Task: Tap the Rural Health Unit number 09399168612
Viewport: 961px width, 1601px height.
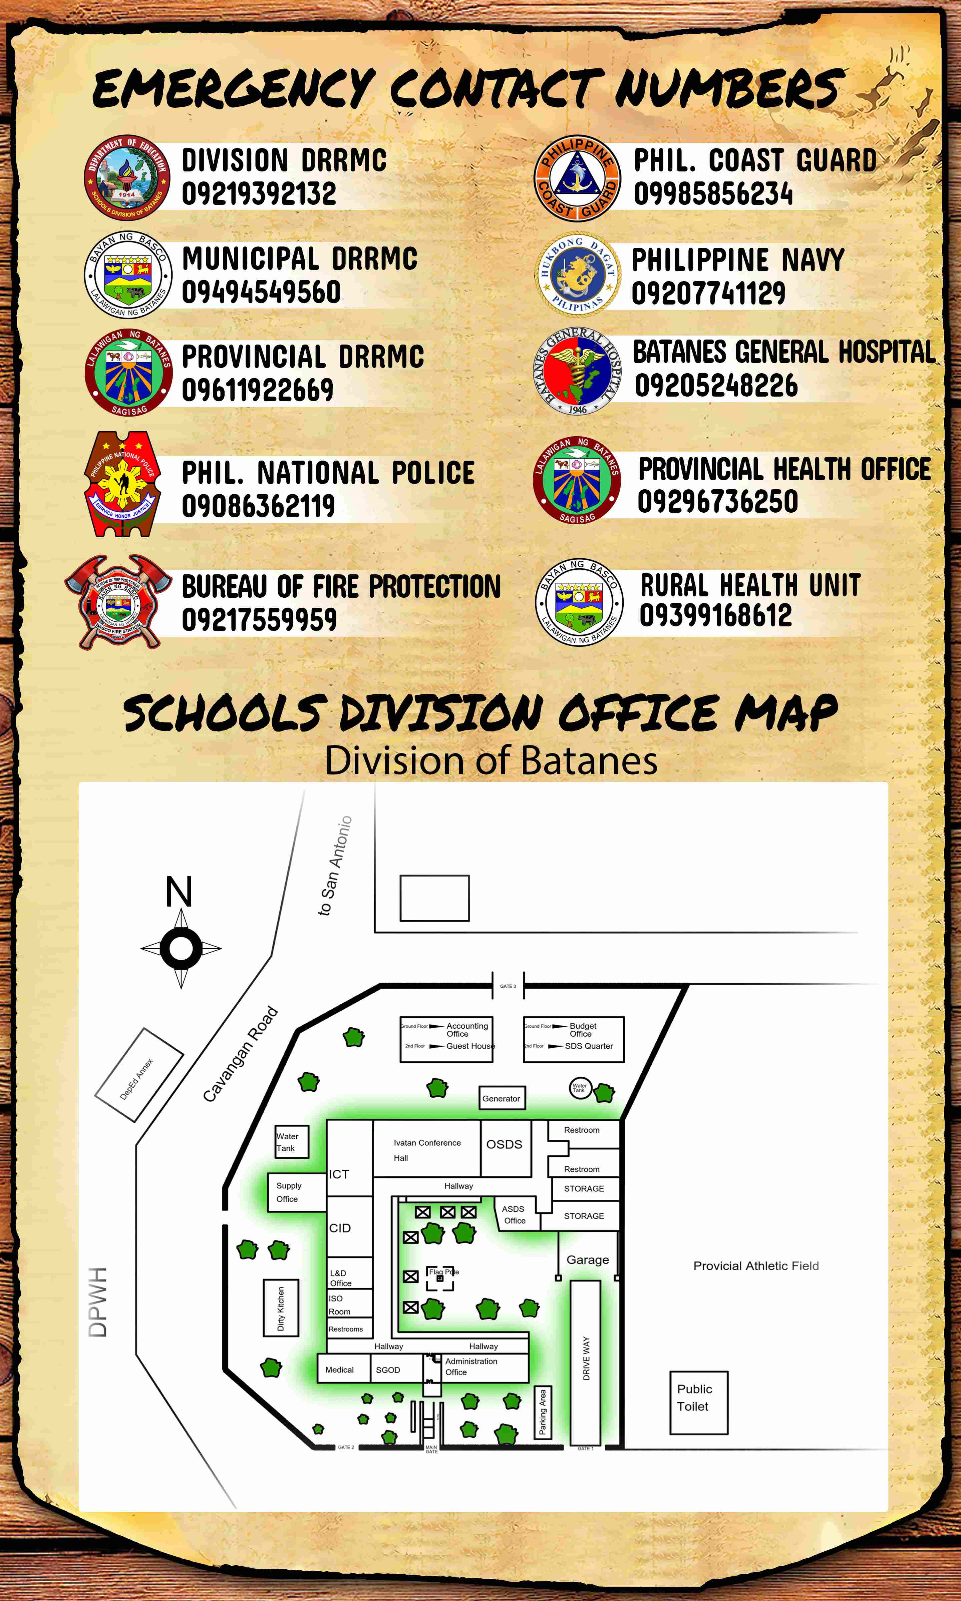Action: click(715, 615)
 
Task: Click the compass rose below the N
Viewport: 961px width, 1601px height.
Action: click(181, 949)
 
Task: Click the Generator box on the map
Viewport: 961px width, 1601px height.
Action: click(501, 1098)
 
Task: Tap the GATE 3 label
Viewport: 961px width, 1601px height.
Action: click(508, 986)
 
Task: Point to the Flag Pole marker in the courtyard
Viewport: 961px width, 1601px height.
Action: click(440, 1278)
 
